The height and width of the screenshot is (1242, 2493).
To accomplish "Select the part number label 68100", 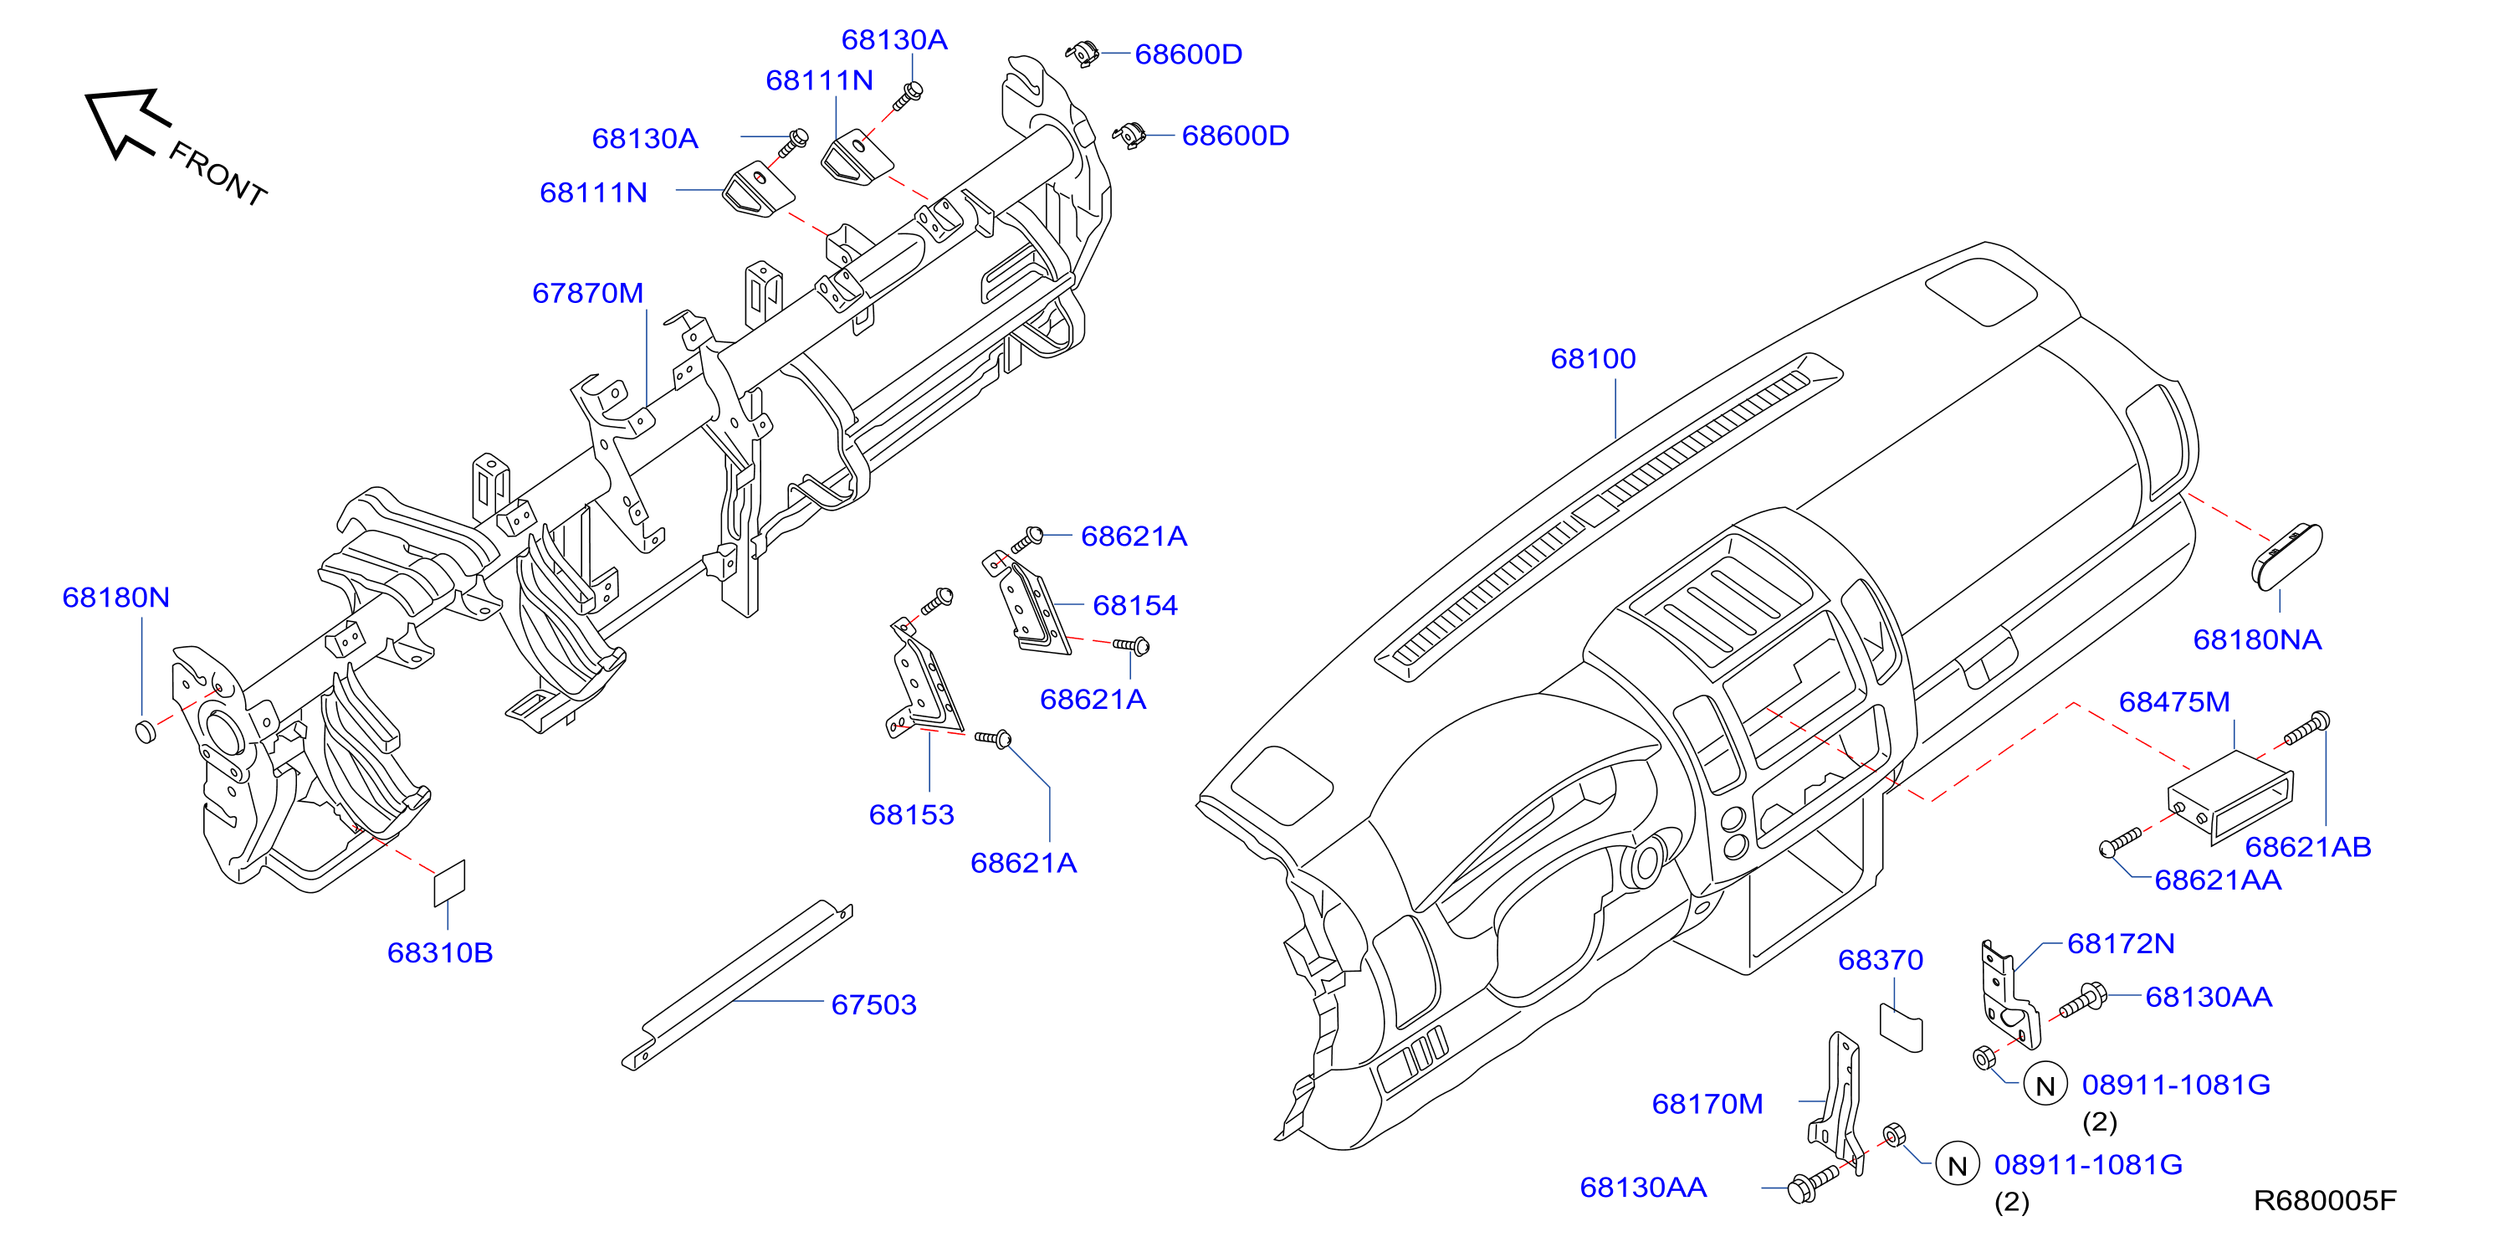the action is click(1593, 359).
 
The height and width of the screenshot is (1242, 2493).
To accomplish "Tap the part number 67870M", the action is click(587, 293).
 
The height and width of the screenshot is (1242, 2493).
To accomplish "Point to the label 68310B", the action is click(440, 953).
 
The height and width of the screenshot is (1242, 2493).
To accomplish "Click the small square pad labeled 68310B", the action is click(449, 883).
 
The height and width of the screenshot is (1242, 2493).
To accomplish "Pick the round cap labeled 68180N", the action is click(146, 731).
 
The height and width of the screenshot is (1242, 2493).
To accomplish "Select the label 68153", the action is click(912, 815).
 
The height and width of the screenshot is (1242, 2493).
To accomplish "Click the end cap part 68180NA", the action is click(2286, 556).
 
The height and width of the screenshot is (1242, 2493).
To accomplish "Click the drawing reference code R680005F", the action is click(2325, 1201).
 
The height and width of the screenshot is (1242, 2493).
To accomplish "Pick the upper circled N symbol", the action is click(2045, 1085).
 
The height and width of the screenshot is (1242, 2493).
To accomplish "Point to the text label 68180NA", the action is click(2257, 640).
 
